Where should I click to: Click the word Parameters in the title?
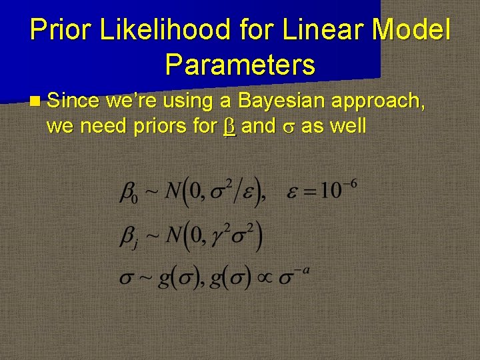tap(240, 65)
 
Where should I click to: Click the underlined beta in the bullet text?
tap(229, 126)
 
